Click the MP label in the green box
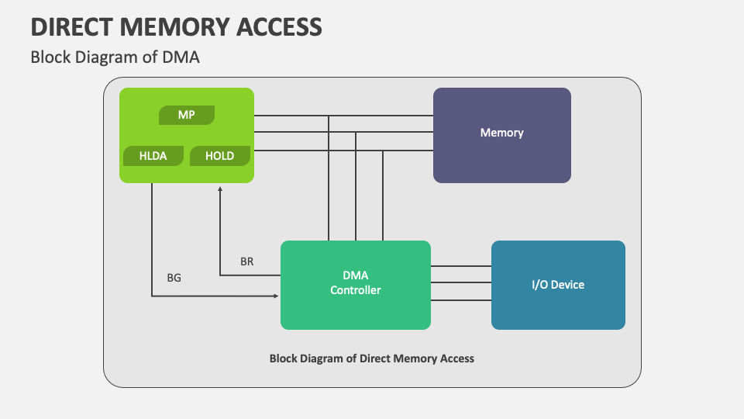click(x=187, y=115)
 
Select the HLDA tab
click(x=153, y=156)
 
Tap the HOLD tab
click(x=219, y=156)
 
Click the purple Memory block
click(x=502, y=135)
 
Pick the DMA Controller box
click(x=356, y=285)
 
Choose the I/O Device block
click(x=558, y=285)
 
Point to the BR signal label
click(x=246, y=261)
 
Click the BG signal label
click(x=174, y=278)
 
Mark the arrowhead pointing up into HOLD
click(x=220, y=189)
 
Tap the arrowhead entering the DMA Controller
click(x=276, y=296)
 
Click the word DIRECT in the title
click(x=71, y=27)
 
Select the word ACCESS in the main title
click(x=279, y=27)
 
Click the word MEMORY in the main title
click(x=174, y=27)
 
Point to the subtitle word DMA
click(x=181, y=57)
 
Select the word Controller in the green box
click(x=356, y=290)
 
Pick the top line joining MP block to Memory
click(x=343, y=116)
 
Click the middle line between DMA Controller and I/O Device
click(x=461, y=282)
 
